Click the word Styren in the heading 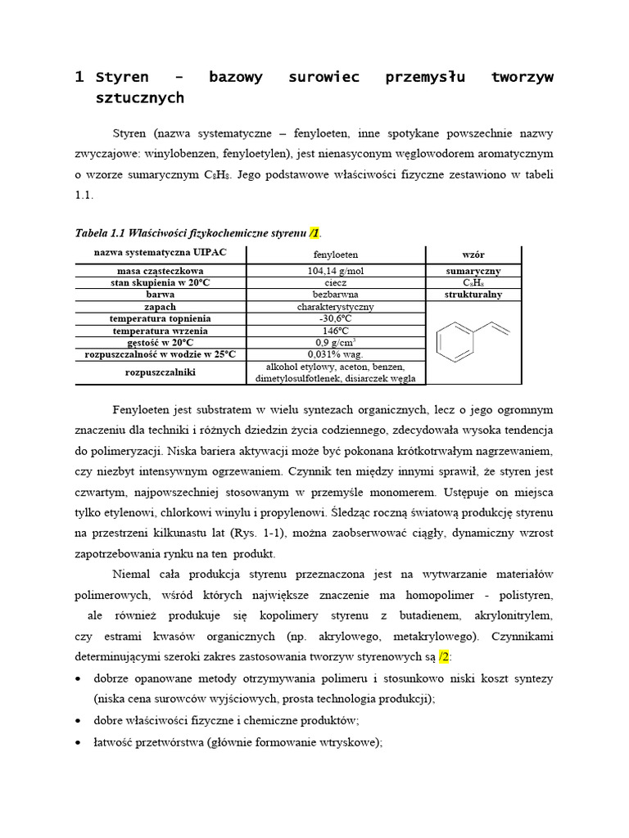click(122, 77)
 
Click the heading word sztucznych click(140, 98)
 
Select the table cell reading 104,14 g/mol click(335, 271)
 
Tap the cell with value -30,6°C click(335, 318)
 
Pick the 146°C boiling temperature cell click(335, 331)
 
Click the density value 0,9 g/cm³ click(335, 342)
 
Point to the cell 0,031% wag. click(335, 354)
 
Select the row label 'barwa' click(161, 295)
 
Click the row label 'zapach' click(161, 307)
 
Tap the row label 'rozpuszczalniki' click(161, 372)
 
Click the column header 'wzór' click(473, 255)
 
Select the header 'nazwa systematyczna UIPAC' click(161, 253)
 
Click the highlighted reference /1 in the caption click(314, 234)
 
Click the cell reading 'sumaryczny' click(473, 271)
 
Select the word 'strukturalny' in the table click(473, 295)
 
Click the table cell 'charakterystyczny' click(335, 307)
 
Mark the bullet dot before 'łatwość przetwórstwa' click(78, 743)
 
